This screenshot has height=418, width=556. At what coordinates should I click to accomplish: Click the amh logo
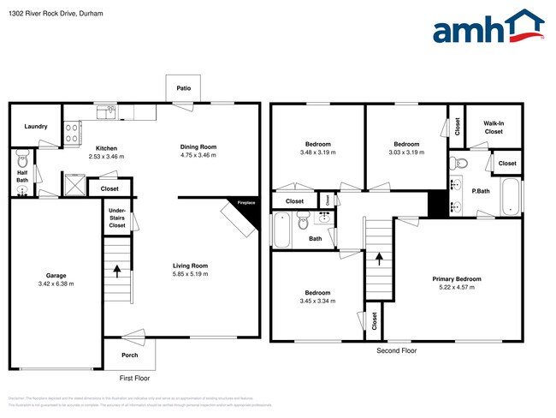point(488,27)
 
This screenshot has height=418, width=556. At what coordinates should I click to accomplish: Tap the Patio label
point(183,88)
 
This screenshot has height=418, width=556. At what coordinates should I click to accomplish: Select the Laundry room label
point(35,127)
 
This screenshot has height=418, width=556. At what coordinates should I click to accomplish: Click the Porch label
point(129,355)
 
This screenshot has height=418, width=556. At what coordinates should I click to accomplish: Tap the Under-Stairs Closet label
point(117,219)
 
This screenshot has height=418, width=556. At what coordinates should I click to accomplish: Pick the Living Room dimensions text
point(189,275)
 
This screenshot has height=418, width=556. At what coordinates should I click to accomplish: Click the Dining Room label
point(198,146)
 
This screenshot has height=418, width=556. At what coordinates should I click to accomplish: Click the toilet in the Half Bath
point(23,159)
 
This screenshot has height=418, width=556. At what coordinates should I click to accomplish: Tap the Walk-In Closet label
point(494,128)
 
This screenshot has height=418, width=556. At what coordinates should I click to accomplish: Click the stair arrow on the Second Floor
point(378,257)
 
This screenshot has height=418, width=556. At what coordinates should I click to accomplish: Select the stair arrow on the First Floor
point(117,272)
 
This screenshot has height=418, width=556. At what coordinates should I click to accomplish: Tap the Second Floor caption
point(397,351)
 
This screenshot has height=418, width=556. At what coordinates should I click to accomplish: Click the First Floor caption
point(133,377)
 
